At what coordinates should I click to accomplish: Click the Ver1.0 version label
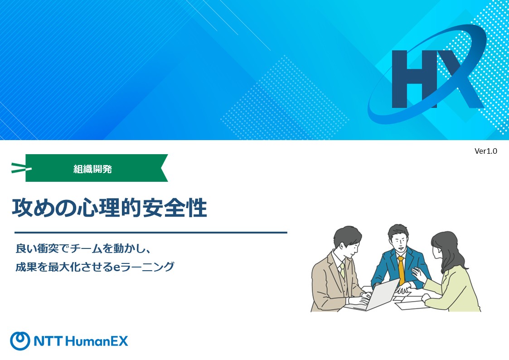coord(485,151)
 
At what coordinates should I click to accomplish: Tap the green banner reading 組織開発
coord(97,168)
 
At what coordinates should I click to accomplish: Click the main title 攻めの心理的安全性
coord(109,208)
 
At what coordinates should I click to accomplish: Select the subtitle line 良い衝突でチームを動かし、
coord(83,248)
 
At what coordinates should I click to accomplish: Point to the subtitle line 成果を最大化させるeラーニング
coord(95,267)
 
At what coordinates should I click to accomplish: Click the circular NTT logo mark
coord(20,341)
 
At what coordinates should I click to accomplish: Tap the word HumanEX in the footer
coord(97,341)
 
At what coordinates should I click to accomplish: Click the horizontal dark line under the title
coord(151,233)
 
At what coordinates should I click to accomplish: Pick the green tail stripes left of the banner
coord(20,168)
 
